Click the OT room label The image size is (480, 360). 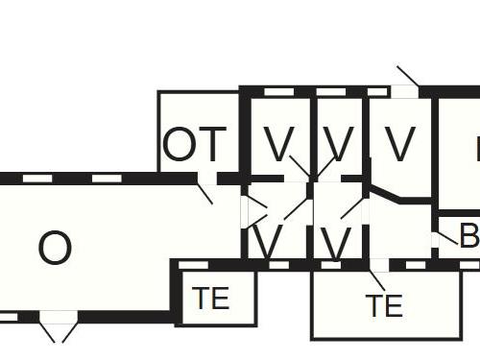coord(196,145)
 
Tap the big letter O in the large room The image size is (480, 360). coord(55,249)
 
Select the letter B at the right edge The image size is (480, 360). coord(469,236)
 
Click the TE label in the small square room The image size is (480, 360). coord(211,299)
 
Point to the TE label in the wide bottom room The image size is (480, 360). coord(383,306)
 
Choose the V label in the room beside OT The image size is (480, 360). coord(278,145)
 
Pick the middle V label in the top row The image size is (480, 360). coord(338,145)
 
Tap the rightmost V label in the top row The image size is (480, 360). coord(399,145)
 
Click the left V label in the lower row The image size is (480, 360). coord(268,243)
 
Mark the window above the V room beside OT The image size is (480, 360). coord(278,92)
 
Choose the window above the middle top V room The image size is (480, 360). coord(331,92)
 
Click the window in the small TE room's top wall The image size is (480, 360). coord(193,264)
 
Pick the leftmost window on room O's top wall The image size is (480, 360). coord(37,179)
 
